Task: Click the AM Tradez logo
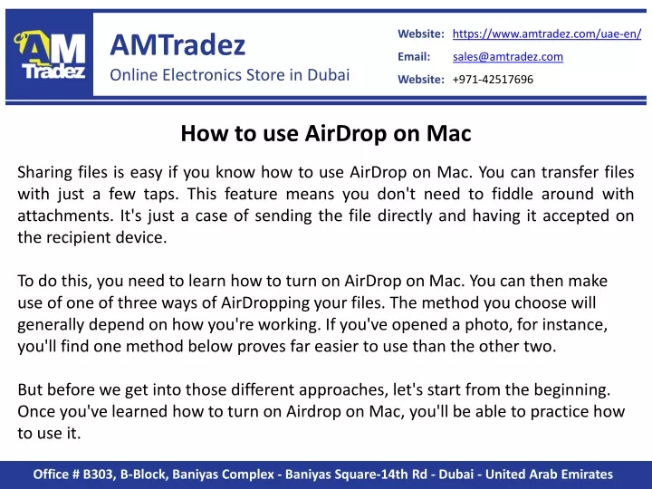click(50, 54)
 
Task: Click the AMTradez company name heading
click(177, 44)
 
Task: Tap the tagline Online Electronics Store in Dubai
click(229, 75)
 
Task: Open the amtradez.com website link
click(547, 34)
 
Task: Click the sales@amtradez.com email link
click(508, 56)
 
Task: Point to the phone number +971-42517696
click(493, 80)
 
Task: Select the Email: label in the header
click(414, 56)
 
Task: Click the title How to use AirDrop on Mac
click(326, 133)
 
